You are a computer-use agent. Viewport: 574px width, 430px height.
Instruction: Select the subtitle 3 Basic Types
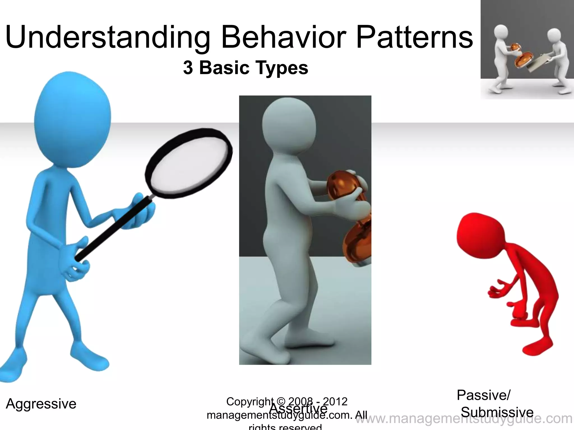coord(246,68)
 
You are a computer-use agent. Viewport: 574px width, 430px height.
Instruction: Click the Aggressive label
coord(41,404)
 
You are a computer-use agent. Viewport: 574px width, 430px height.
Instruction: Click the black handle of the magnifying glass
coord(112,230)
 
